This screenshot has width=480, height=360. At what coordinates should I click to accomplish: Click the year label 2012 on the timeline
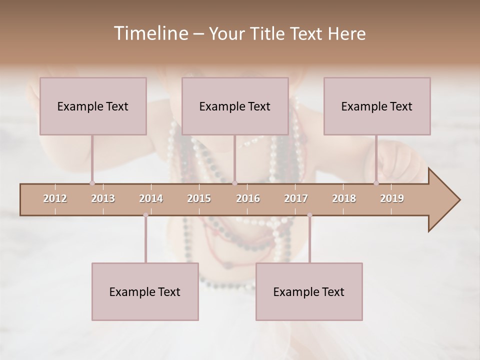click(55, 198)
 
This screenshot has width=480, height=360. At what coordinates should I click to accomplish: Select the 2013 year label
click(103, 198)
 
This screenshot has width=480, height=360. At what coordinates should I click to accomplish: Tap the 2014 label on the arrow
click(151, 198)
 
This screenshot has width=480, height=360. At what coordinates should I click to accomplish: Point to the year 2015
click(199, 198)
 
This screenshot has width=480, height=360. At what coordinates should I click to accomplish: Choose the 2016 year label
click(248, 198)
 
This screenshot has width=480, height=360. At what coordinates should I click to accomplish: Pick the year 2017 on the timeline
click(296, 198)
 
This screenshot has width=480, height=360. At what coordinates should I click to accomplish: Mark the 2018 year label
click(344, 198)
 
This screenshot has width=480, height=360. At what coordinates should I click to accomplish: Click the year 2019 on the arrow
click(392, 198)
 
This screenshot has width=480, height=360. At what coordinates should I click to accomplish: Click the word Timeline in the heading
click(150, 33)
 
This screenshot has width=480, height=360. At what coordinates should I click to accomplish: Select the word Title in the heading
click(267, 33)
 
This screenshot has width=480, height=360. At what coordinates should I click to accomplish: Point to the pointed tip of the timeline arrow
click(459, 200)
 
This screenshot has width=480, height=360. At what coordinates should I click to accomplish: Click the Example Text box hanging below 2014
click(145, 291)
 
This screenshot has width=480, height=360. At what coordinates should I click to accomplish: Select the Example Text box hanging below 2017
click(309, 291)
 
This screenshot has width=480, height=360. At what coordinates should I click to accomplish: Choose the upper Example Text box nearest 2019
click(377, 106)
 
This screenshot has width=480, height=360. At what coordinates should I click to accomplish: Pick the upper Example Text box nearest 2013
click(93, 106)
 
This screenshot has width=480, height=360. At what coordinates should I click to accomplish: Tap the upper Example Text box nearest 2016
click(235, 106)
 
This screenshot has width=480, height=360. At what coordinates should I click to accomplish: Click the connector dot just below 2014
click(145, 215)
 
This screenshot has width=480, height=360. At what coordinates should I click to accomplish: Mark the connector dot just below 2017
click(309, 215)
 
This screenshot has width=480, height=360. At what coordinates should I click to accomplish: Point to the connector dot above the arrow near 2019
click(376, 183)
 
